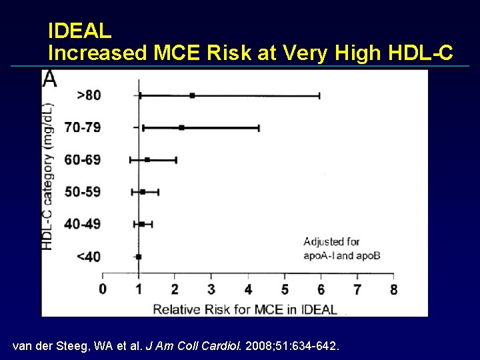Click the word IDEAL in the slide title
[80, 31]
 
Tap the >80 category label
[89, 95]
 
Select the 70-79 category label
[83, 127]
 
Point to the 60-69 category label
[83, 159]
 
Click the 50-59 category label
[83, 192]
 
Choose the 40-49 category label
[83, 224]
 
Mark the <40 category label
[89, 257]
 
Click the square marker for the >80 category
[192, 95]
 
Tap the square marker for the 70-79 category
[181, 127]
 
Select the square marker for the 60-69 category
[147, 159]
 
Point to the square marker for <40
[139, 256]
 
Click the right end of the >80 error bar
[319, 95]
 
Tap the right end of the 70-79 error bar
[259, 127]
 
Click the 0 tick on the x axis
[103, 289]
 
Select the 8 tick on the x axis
[393, 289]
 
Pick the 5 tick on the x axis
[285, 289]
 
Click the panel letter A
[50, 79]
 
